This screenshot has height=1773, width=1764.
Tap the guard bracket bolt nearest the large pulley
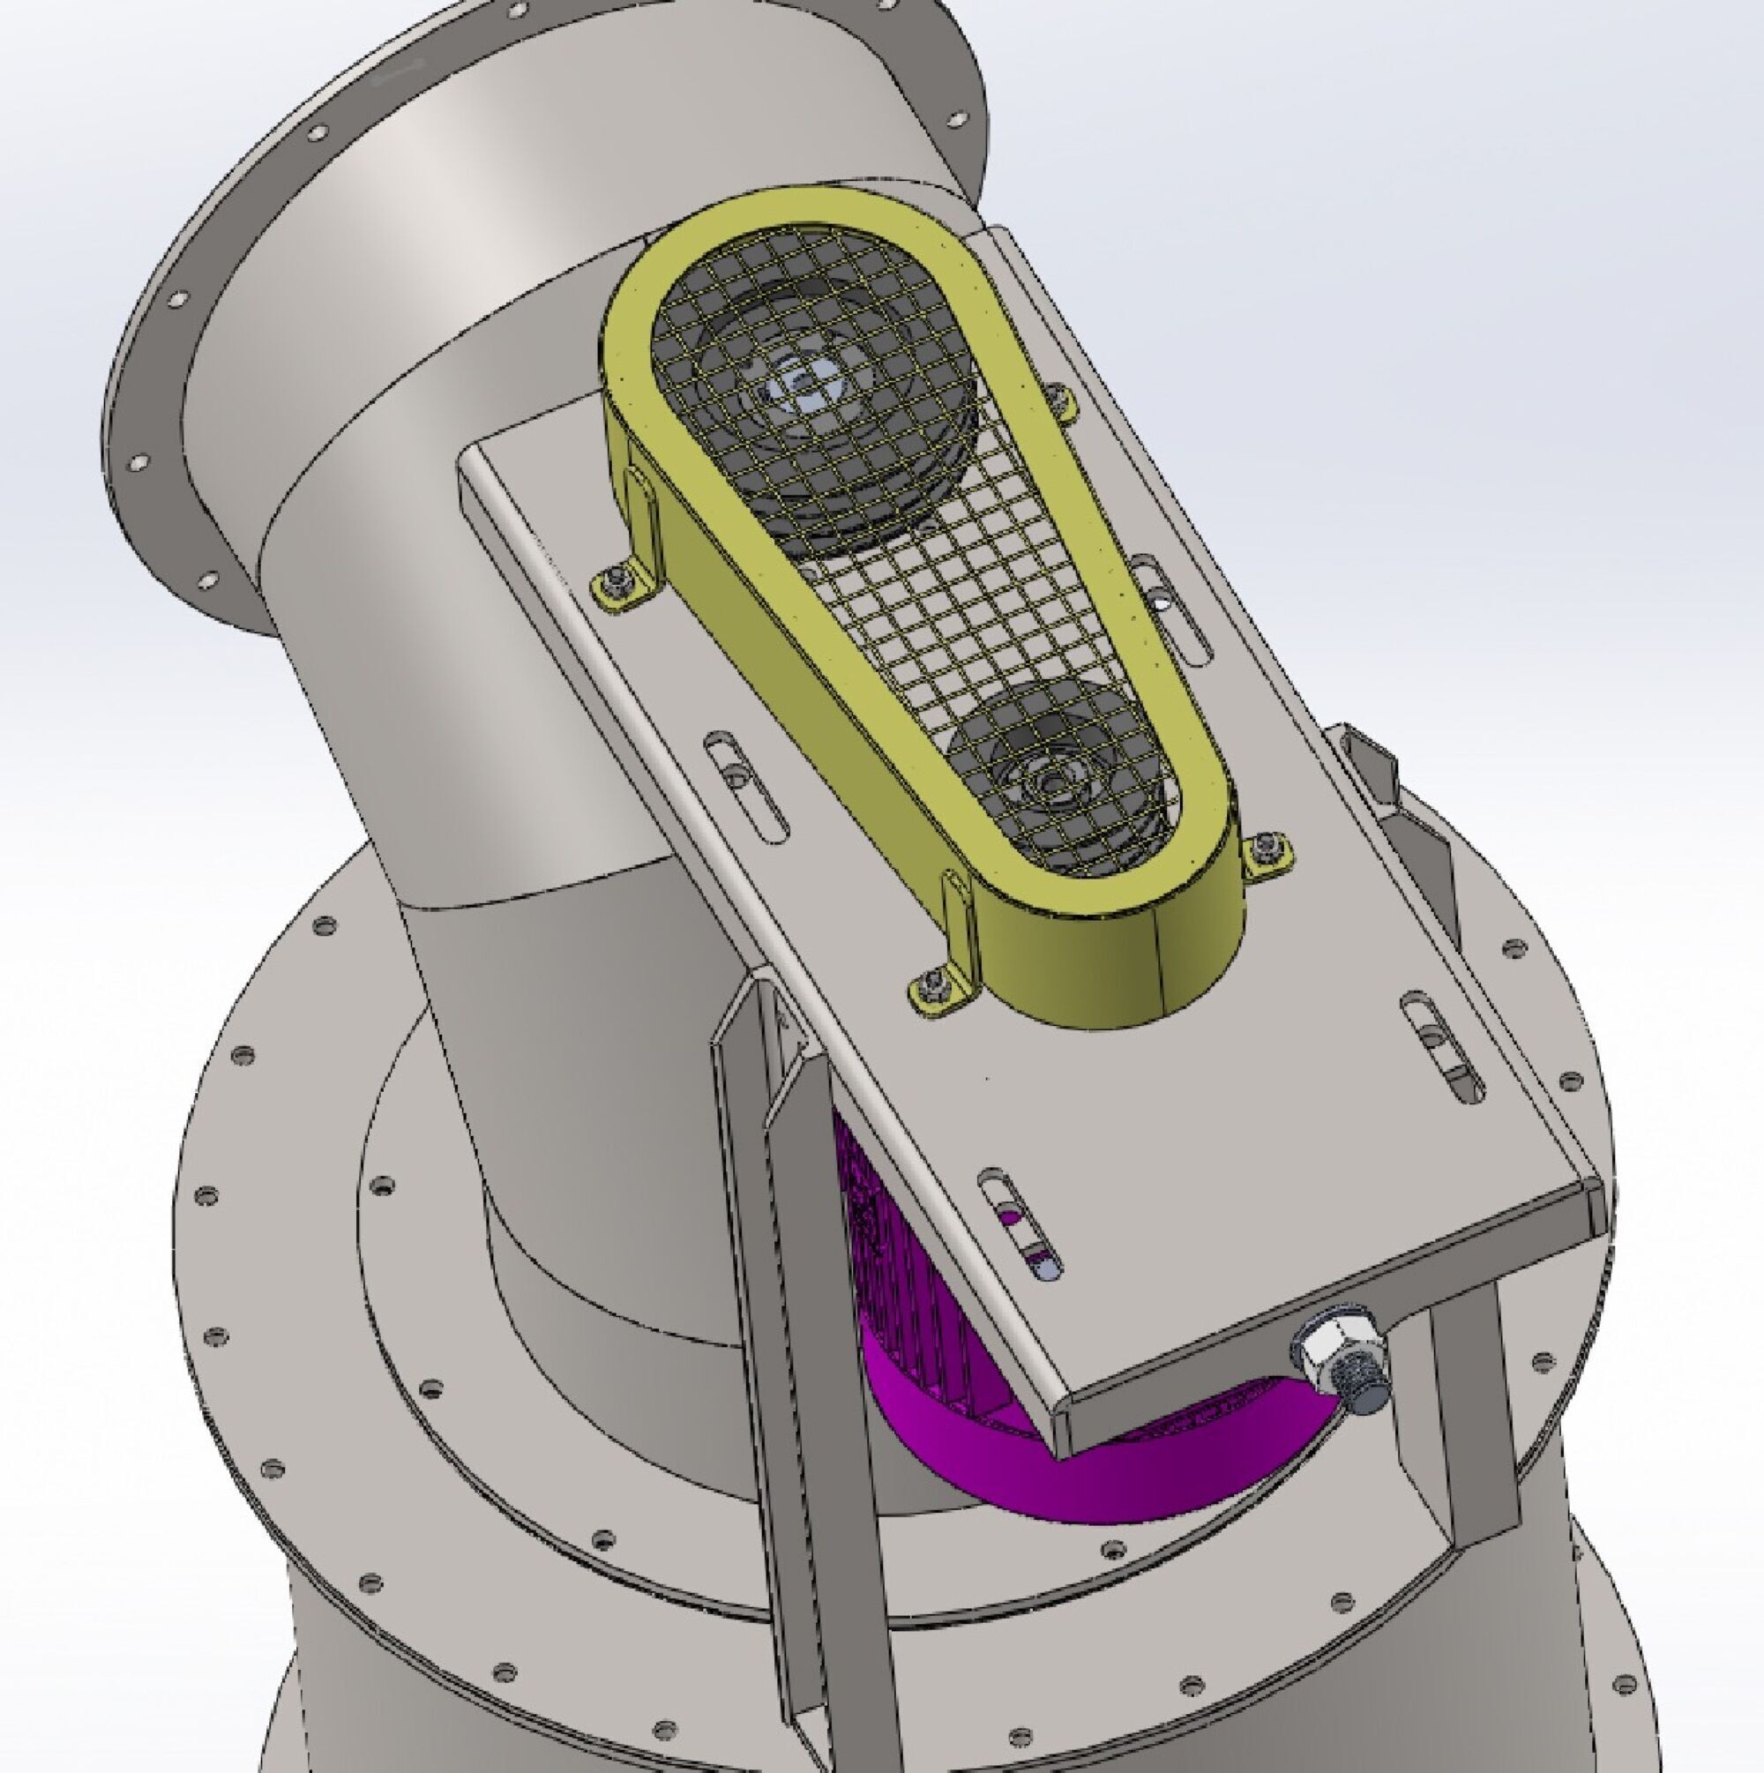coord(614,580)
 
